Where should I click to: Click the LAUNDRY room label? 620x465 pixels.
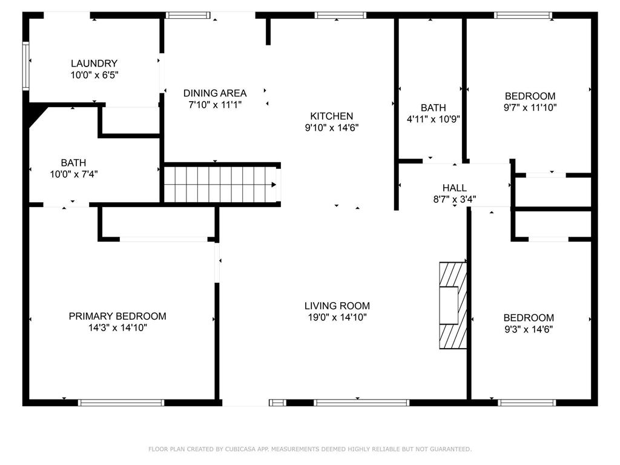tap(94, 63)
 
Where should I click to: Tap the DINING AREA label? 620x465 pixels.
tap(215, 93)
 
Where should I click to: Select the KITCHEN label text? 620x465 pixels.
tap(331, 116)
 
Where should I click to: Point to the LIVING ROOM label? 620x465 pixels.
tap(337, 306)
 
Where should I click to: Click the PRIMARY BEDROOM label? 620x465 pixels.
tap(117, 316)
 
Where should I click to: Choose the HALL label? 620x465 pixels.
tap(454, 188)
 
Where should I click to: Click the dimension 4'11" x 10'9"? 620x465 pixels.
tap(434, 119)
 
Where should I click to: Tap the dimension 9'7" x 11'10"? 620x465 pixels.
tap(530, 107)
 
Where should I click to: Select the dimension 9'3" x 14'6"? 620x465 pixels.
tap(528, 329)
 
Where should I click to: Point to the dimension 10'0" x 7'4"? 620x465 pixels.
tap(73, 174)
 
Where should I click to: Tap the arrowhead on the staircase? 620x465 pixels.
tap(274, 185)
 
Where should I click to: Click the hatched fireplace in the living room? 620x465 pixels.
tap(453, 305)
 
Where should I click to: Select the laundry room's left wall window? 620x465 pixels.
tap(25, 66)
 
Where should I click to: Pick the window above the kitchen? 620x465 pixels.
tap(340, 15)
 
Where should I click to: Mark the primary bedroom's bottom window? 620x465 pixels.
tap(121, 403)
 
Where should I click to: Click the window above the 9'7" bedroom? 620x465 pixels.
tap(523, 15)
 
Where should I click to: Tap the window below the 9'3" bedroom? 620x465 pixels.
tap(527, 403)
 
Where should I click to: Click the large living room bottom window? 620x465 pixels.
tap(361, 403)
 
